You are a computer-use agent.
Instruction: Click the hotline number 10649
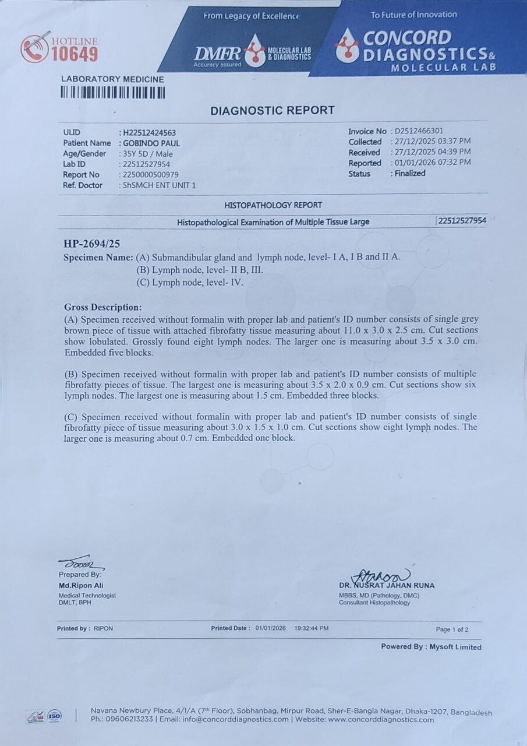click(75, 54)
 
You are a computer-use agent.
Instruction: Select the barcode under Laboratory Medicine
click(113, 93)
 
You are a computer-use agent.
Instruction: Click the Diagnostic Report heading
click(272, 110)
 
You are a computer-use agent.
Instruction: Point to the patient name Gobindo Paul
click(151, 143)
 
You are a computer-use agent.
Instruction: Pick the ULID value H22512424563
click(149, 133)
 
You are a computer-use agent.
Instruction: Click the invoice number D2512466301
click(419, 131)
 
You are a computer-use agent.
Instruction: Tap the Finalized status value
click(409, 173)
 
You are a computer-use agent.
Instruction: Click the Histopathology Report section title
click(273, 205)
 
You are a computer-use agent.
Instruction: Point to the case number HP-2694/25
click(92, 244)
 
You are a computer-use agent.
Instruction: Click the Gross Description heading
click(102, 307)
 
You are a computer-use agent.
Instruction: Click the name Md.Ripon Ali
click(81, 585)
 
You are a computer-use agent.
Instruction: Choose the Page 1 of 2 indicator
click(452, 629)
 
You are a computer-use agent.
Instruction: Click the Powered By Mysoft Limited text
click(431, 646)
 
